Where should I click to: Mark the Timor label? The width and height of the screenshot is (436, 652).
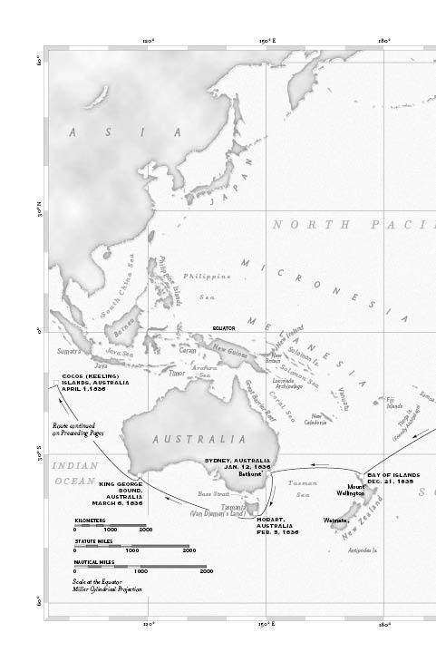[177, 372]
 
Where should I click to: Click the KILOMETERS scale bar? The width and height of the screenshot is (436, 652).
[109, 527]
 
